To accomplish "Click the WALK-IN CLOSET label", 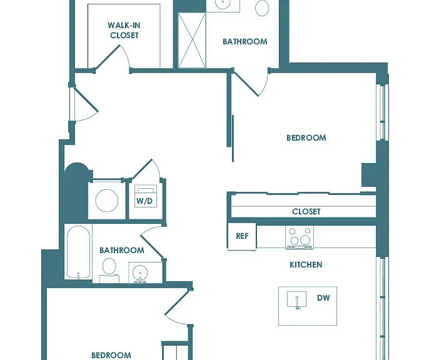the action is pyautogui.click(x=124, y=30).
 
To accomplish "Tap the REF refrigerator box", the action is pyautogui.click(x=242, y=236).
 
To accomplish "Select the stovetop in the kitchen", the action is pyautogui.click(x=300, y=237).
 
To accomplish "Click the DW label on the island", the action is pyautogui.click(x=323, y=297).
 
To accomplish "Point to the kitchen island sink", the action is pyautogui.click(x=296, y=299).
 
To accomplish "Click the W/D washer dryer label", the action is pyautogui.click(x=144, y=201).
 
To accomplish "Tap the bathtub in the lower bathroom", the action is pyautogui.click(x=79, y=252).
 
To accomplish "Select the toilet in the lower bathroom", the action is pyautogui.click(x=109, y=271).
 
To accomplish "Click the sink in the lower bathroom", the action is pyautogui.click(x=140, y=273).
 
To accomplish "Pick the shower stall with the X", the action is pyautogui.click(x=192, y=41).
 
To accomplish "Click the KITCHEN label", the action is pyautogui.click(x=306, y=265).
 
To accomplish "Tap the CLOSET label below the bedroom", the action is pyautogui.click(x=306, y=212).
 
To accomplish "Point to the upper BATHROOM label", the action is pyautogui.click(x=245, y=41).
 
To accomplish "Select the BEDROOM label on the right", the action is pyautogui.click(x=306, y=137).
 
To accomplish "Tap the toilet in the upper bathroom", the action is pyautogui.click(x=262, y=7).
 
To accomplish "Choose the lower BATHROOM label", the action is pyautogui.click(x=122, y=251).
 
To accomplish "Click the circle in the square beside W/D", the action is pyautogui.click(x=107, y=201).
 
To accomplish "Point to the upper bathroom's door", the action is pyautogui.click(x=246, y=84).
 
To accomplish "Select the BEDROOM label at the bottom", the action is pyautogui.click(x=111, y=355).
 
